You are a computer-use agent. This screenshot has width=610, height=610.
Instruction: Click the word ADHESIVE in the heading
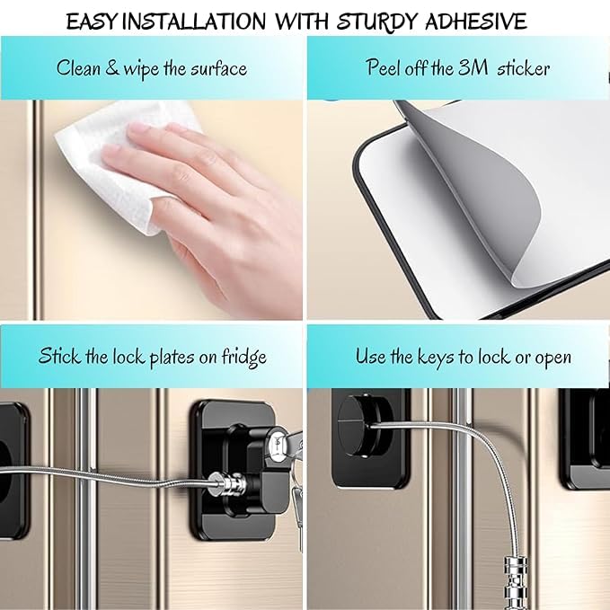click(x=476, y=21)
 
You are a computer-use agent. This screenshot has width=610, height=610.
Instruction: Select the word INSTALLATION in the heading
click(x=194, y=21)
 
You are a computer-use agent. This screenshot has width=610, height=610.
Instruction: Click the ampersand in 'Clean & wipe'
click(x=112, y=67)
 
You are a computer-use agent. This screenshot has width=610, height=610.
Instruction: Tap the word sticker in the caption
click(x=523, y=68)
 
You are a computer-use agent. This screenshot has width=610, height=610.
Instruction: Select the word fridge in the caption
click(x=244, y=358)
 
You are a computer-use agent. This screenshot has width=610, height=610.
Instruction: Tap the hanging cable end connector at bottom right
click(x=516, y=584)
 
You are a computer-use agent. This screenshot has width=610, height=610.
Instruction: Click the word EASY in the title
click(x=91, y=22)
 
